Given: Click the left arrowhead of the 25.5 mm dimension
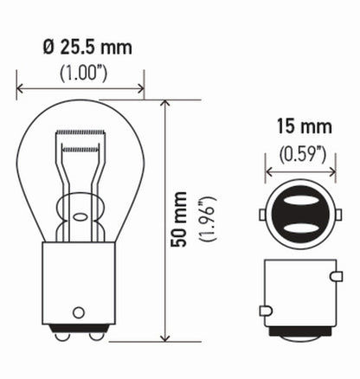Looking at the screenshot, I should click(x=19, y=86).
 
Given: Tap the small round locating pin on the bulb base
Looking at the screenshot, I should click(x=80, y=311).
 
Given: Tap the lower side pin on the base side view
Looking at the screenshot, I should click(x=264, y=309).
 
